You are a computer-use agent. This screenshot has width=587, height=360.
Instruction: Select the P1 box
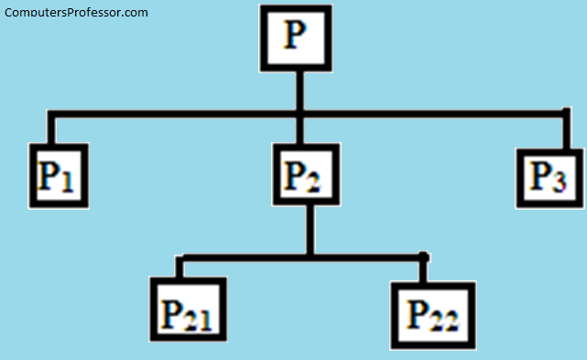pos(57,175)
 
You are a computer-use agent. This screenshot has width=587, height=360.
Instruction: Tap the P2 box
pos(306,174)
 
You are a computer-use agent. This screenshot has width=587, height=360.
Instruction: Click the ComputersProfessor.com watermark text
pos(76,13)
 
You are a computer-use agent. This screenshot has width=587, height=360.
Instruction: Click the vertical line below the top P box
pos(298,92)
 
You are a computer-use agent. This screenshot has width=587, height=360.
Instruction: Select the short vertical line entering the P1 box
pos(50,129)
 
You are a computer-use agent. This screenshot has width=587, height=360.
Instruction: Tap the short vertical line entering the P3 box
pos(566,134)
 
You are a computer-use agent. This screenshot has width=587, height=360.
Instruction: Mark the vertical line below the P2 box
pos(310,229)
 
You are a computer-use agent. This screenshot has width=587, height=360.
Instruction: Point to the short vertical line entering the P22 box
pos(424,267)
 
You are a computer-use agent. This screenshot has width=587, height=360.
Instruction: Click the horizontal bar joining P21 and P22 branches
pos(302,256)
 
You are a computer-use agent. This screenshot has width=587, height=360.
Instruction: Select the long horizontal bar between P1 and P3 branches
pos(183,114)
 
